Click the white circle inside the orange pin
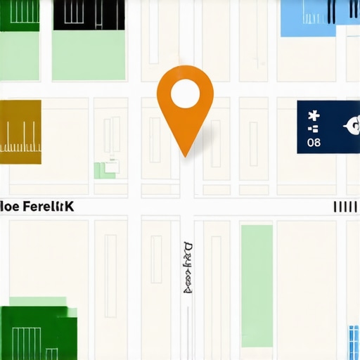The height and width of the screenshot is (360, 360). [x=185, y=93]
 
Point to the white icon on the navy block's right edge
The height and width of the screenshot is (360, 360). [x=351, y=126]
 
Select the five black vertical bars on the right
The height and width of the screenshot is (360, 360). [x=344, y=207]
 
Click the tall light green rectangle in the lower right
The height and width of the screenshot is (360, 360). [x=257, y=285]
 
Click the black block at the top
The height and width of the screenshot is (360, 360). [x=89, y=15]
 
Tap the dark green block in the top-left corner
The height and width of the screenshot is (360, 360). [x=20, y=15]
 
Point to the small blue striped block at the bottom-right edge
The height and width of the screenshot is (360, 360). [x=354, y=342]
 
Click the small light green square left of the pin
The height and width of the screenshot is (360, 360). [x=105, y=169]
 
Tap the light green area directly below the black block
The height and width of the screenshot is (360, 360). [x=89, y=55]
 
